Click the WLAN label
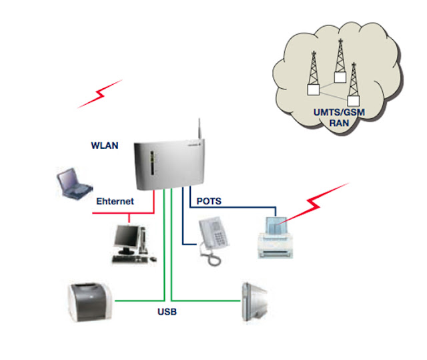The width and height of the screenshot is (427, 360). click(x=105, y=146)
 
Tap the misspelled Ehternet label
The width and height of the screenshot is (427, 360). click(x=115, y=202)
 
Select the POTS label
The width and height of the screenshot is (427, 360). click(x=209, y=201)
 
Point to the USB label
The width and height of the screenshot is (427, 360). click(x=167, y=312)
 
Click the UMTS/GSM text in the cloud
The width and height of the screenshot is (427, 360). click(x=339, y=112)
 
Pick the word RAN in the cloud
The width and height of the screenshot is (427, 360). click(x=339, y=123)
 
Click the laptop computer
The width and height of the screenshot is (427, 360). click(x=74, y=183)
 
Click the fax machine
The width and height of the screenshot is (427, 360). click(x=275, y=238)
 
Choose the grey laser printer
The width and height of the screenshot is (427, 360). click(x=90, y=302)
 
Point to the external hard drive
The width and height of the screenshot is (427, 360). click(x=255, y=302)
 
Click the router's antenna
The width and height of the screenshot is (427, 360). click(x=199, y=129)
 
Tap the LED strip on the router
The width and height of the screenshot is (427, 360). click(x=152, y=164)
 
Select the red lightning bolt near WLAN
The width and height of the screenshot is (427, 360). click(x=100, y=94)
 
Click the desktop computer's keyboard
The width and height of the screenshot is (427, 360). click(x=130, y=259)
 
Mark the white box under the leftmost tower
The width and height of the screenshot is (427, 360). click(x=314, y=89)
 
